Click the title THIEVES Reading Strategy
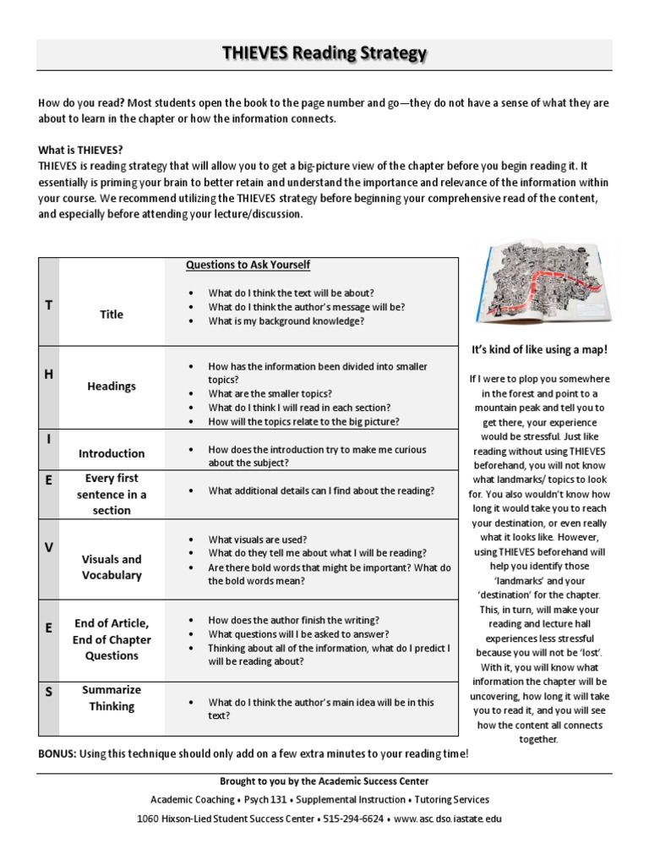[x=324, y=55]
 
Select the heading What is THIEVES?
[x=80, y=149]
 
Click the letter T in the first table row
[x=48, y=305]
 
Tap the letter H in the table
[x=48, y=374]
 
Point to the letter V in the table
[x=48, y=548]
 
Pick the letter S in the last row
[x=48, y=691]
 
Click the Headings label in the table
[x=111, y=386]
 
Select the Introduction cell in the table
[x=111, y=453]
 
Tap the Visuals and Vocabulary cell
[x=111, y=567]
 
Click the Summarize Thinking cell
[x=111, y=698]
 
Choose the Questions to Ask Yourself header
[x=248, y=265]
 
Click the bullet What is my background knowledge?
[x=286, y=321]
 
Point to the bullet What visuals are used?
[x=257, y=540]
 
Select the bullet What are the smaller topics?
[x=270, y=393]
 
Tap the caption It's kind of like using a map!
[x=539, y=349]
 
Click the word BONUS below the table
[x=57, y=754]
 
